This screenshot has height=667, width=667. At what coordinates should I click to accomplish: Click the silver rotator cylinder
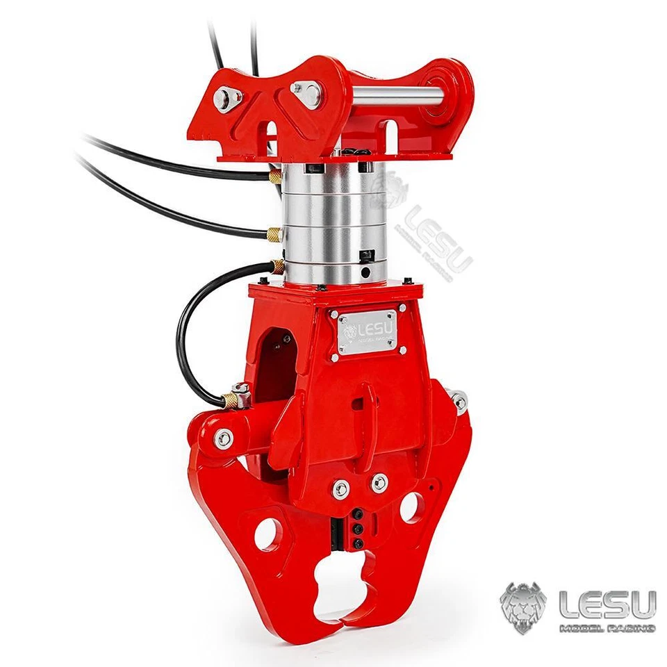(327, 222)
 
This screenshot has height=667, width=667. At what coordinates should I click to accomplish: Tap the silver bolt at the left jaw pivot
(224, 438)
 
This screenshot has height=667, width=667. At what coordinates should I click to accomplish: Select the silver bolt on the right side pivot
(459, 401)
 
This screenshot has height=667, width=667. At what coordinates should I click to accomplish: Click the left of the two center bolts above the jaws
(341, 488)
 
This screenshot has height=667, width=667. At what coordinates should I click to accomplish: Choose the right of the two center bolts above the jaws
(379, 482)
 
